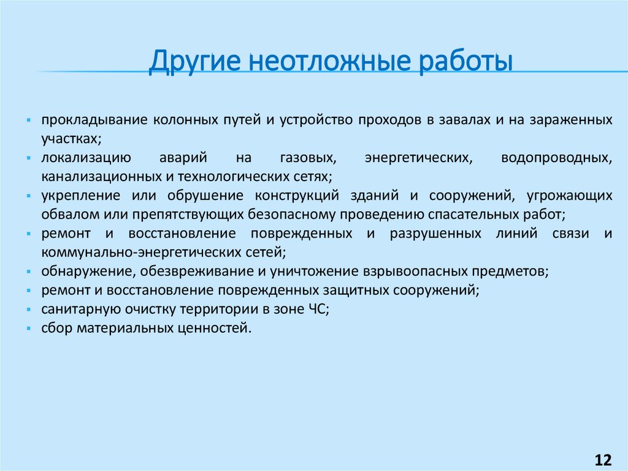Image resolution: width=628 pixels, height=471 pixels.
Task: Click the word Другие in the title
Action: pos(194,62)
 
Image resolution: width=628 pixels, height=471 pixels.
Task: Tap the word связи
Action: pos(570,233)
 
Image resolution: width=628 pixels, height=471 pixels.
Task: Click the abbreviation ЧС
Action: pos(318,309)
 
